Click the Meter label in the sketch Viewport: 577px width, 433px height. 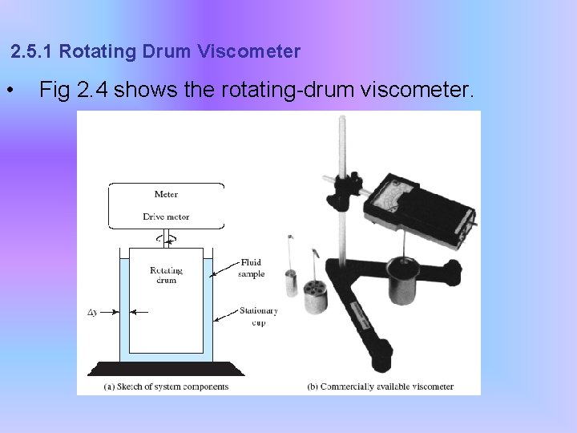166,194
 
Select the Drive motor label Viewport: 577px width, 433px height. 166,216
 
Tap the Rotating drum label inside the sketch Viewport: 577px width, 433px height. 166,275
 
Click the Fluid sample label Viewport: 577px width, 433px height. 256,267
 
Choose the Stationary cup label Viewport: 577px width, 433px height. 258,316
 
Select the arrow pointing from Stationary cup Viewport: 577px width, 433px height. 226,314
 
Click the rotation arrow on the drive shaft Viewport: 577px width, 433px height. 166,238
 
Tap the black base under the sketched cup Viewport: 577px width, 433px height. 166,369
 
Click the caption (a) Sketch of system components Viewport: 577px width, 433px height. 166,386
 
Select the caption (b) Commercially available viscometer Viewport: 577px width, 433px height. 381,386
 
